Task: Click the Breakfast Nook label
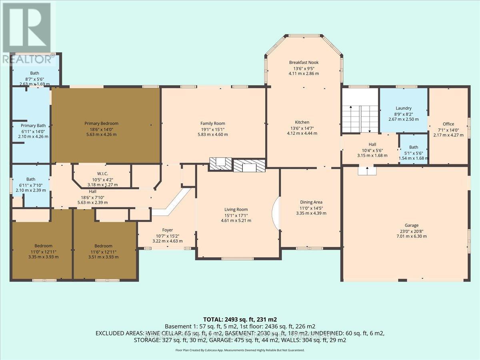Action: pyautogui.click(x=304, y=62)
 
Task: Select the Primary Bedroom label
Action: pyautogui.click(x=101, y=124)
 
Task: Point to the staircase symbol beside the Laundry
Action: pyautogui.click(x=360, y=116)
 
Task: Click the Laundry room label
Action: pyautogui.click(x=404, y=108)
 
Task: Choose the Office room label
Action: pyautogui.click(x=448, y=124)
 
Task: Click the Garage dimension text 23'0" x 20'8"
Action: pyautogui.click(x=406, y=231)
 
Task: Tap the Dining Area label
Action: pyautogui.click(x=311, y=202)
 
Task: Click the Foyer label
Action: pyautogui.click(x=167, y=230)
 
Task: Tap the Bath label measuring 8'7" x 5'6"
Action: pyautogui.click(x=34, y=73)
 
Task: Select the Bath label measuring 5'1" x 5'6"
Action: pyautogui.click(x=414, y=147)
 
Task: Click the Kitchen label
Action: pyautogui.click(x=302, y=122)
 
